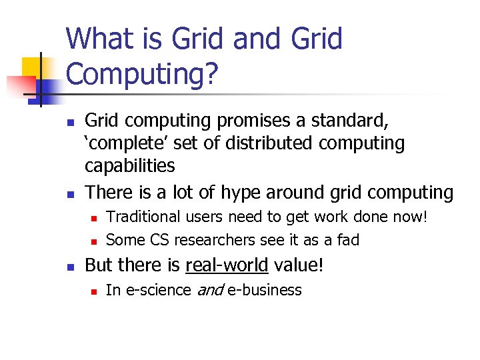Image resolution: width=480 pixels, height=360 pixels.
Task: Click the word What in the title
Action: click(x=100, y=39)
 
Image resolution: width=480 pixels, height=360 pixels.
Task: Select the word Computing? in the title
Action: click(x=142, y=75)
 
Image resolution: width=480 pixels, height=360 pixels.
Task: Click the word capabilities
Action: click(x=131, y=166)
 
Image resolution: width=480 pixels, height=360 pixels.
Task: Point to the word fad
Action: click(x=346, y=239)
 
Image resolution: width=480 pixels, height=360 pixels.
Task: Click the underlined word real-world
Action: click(x=227, y=265)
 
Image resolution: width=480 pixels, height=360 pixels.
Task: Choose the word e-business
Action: click(x=265, y=290)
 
